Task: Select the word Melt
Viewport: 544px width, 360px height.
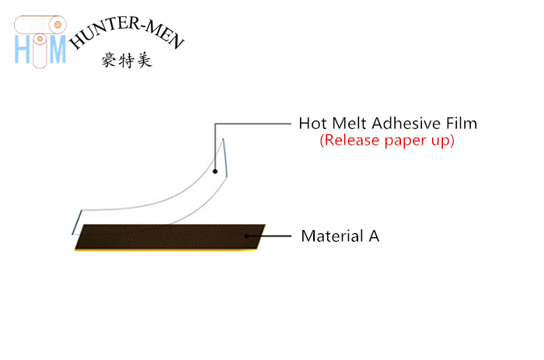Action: click(350, 124)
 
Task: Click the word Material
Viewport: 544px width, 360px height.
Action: click(333, 236)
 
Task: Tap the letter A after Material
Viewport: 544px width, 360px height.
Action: click(374, 236)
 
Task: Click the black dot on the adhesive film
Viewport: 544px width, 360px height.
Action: click(215, 171)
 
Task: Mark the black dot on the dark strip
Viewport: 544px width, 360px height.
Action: click(246, 236)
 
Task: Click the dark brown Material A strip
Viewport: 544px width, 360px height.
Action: click(170, 237)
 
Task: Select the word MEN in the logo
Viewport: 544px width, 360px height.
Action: click(165, 35)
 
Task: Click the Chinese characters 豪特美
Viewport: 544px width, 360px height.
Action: click(127, 60)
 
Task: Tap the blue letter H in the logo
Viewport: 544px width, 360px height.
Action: click(23, 49)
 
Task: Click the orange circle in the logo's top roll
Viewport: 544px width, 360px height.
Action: click(58, 25)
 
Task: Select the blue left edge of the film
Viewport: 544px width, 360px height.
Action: click(77, 222)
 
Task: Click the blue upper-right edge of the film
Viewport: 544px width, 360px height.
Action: click(225, 158)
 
